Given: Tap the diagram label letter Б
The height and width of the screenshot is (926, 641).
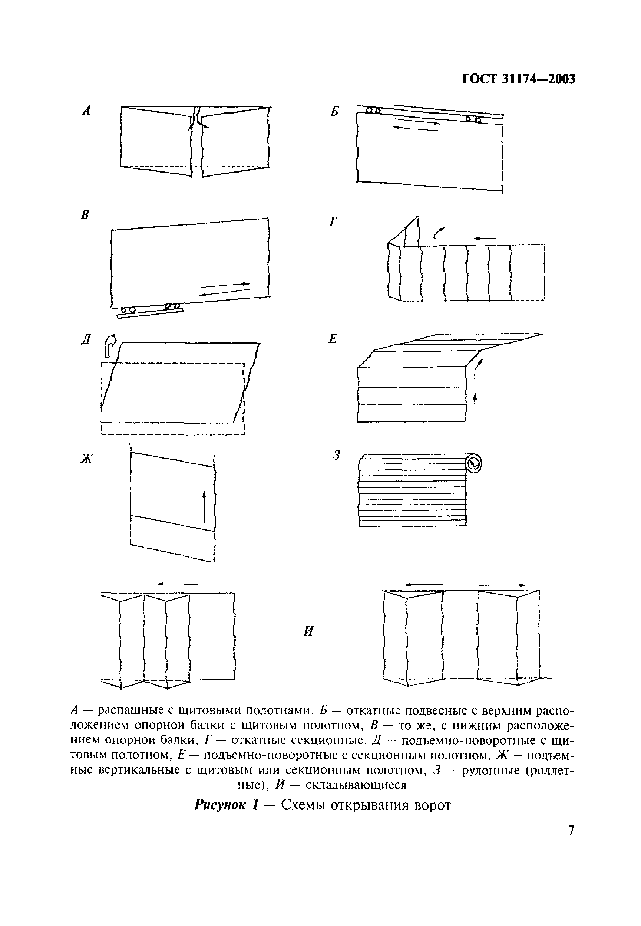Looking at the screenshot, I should coord(334,111).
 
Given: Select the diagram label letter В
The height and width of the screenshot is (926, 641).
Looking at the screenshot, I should coord(85,215).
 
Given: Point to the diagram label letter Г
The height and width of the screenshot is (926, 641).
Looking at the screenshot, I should coord(333,221).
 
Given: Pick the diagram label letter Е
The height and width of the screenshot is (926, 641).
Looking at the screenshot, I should coord(333,339).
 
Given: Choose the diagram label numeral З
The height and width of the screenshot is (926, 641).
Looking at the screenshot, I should coord(337,455).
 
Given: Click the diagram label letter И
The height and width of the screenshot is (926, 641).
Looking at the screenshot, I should coord(308,631).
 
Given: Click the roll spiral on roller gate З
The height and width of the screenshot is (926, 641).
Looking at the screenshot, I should coord(473,463).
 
